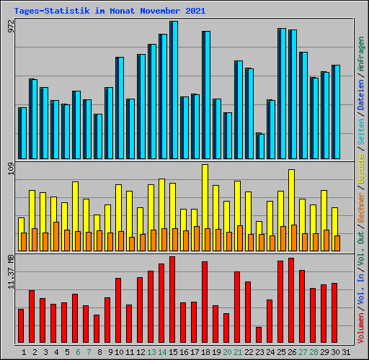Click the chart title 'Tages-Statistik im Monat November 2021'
110,12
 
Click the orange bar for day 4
56,236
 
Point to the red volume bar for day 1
21,326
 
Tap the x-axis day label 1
24,352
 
